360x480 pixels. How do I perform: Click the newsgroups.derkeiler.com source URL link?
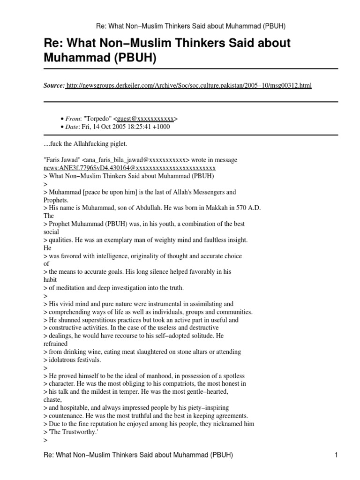point(189,85)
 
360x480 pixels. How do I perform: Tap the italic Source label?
point(54,85)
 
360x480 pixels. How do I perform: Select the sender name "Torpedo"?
point(97,119)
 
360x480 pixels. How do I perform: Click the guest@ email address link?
point(147,119)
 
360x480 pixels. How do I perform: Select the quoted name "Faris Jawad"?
point(61,160)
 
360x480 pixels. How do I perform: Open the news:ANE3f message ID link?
point(129,167)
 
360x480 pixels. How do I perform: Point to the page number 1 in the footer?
point(336,455)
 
